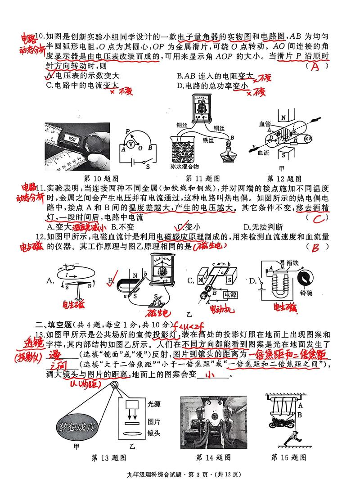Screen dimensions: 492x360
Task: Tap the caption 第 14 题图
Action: [x=213, y=457]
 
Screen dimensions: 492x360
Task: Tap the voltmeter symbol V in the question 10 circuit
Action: [x=130, y=144]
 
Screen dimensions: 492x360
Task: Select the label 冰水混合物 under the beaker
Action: [x=185, y=166]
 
